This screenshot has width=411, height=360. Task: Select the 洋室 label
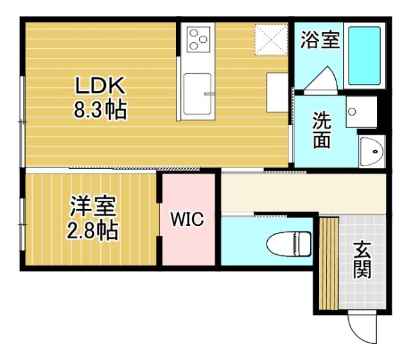[92, 207]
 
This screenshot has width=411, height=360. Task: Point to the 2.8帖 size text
[92, 231]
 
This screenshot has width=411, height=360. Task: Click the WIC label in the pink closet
[187, 219]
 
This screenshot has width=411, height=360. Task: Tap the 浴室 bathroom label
[320, 41]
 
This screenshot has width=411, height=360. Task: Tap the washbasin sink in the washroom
[371, 151]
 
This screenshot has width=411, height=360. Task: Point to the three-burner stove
[198, 39]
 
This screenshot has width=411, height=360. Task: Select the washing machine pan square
[360, 113]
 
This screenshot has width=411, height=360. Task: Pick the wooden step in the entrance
[329, 263]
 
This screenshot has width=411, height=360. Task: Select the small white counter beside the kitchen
[277, 92]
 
